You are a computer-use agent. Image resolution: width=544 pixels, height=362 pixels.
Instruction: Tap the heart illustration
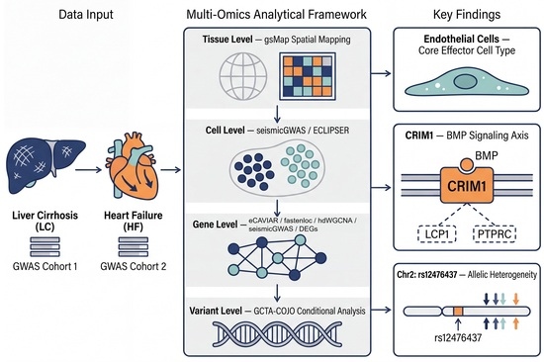click(x=132, y=166)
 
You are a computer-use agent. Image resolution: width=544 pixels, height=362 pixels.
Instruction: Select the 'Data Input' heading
click(x=86, y=15)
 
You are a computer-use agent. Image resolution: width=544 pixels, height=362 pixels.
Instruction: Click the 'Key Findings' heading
click(x=467, y=15)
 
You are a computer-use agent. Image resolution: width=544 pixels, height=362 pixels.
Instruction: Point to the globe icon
click(x=243, y=76)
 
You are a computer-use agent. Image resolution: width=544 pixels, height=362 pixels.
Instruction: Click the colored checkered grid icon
click(x=308, y=76)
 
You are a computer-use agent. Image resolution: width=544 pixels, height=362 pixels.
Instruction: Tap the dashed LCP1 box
click(x=437, y=233)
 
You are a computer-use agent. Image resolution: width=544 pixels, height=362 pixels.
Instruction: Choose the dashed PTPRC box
click(x=495, y=233)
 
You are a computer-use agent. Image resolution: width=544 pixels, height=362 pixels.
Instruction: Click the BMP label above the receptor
click(x=487, y=156)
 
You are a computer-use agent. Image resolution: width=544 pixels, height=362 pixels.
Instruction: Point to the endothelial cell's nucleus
click(x=465, y=82)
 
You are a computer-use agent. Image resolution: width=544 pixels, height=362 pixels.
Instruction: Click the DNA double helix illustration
click(x=277, y=334)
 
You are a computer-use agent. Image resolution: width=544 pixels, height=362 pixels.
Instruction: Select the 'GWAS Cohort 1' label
click(x=45, y=266)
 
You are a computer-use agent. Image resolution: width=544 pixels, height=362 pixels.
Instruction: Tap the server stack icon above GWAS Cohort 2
click(x=134, y=246)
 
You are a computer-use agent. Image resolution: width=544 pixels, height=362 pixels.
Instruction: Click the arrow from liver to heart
click(x=88, y=170)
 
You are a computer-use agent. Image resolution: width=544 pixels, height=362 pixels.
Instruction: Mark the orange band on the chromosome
click(x=458, y=311)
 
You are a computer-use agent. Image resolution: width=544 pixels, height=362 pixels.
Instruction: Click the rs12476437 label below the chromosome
click(x=458, y=337)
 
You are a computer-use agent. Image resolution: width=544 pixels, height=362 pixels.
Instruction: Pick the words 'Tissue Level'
click(x=227, y=40)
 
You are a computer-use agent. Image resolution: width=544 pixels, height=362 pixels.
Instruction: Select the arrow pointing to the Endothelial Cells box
click(x=381, y=73)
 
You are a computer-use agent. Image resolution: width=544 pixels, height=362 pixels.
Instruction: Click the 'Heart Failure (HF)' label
click(x=134, y=222)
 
